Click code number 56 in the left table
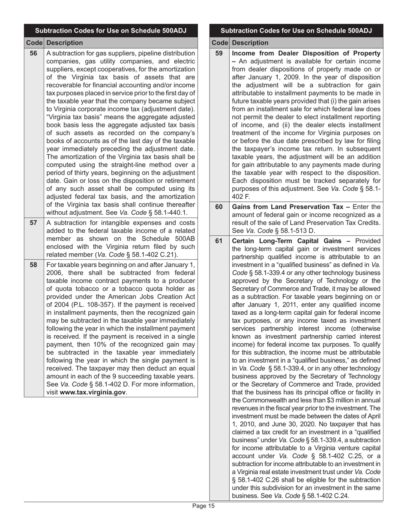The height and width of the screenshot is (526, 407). [x=33, y=53]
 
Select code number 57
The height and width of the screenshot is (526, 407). [x=33, y=222]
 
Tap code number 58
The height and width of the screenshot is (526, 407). [x=33, y=265]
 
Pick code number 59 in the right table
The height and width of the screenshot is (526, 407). [x=219, y=53]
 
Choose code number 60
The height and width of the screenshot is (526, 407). [x=219, y=207]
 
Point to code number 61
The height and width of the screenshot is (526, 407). [x=219, y=241]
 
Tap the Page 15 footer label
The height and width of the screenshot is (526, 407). [x=203, y=506]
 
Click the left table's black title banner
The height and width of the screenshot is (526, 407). [x=111, y=31]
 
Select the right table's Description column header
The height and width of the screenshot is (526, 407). [x=250, y=43]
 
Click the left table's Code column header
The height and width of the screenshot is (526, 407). [x=34, y=43]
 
